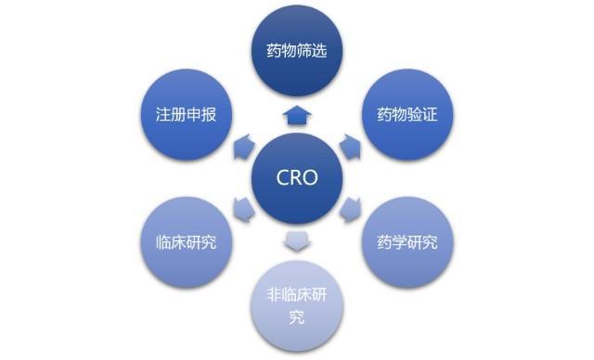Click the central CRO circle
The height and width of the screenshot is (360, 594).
[x=297, y=178]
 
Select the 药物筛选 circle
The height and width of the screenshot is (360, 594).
[x=297, y=51]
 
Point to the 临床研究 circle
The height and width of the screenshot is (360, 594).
[x=188, y=242]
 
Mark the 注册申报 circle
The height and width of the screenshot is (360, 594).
[x=188, y=115]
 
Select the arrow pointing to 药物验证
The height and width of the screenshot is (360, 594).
[x=349, y=146]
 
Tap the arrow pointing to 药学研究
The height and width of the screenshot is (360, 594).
[x=349, y=210]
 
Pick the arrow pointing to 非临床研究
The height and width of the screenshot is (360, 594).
[x=297, y=242]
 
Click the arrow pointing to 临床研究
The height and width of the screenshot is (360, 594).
[x=243, y=210]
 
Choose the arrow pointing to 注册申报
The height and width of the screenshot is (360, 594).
[x=243, y=146]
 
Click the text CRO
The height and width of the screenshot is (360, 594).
[x=297, y=178]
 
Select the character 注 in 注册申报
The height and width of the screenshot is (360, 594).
[x=161, y=115]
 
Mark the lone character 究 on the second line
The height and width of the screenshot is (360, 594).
[x=297, y=319]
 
